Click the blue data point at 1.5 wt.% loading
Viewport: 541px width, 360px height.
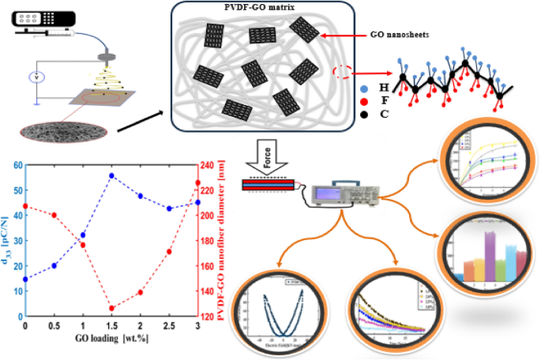click(x=111, y=175)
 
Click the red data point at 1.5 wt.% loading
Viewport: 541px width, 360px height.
click(x=111, y=308)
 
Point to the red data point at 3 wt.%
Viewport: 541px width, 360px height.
click(x=197, y=183)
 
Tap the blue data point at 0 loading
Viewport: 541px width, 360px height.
click(x=25, y=279)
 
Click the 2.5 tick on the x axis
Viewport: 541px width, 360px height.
click(x=169, y=326)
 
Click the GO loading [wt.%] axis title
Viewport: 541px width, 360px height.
click(x=111, y=340)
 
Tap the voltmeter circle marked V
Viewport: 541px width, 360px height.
click(x=35, y=77)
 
